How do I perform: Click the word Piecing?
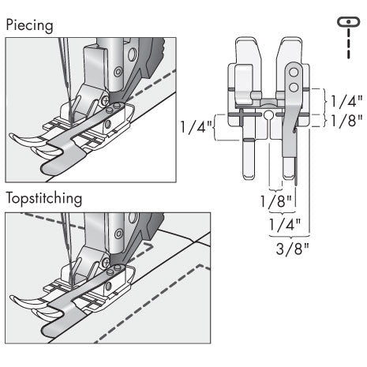click(x=31, y=24)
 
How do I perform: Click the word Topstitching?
click(x=43, y=198)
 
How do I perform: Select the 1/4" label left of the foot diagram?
click(x=196, y=126)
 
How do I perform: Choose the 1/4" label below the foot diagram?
click(x=282, y=223)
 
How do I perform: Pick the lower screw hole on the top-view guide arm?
click(x=294, y=84)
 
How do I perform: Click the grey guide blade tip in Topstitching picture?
click(x=51, y=325)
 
